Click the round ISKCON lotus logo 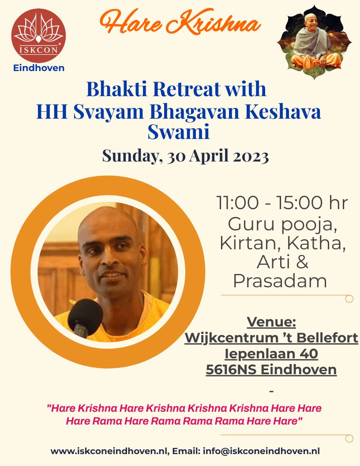[39, 36]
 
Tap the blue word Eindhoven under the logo [39, 68]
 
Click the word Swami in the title [179, 132]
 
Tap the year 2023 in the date [251, 155]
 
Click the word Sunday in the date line [131, 156]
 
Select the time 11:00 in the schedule [237, 203]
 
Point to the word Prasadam [280, 281]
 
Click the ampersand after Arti [302, 262]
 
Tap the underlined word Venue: [271, 322]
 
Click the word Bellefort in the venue [327, 338]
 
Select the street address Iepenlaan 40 [271, 353]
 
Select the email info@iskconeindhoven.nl [261, 451]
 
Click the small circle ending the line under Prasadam [349, 299]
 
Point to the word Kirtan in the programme [251, 243]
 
